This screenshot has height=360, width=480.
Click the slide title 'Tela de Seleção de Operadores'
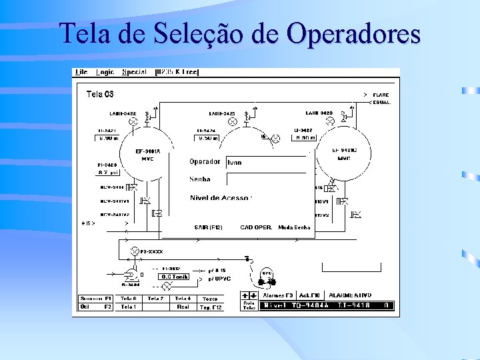tap(240, 33)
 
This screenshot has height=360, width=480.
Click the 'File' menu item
tap(81, 72)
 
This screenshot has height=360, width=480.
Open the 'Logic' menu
tap(105, 72)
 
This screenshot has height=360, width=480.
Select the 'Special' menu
tap(135, 72)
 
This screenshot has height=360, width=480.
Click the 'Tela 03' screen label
tap(100, 94)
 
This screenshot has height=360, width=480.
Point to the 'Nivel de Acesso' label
tap(221, 198)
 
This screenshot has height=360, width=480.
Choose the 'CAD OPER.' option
tap(256, 227)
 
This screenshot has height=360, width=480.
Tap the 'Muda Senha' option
tap(295, 227)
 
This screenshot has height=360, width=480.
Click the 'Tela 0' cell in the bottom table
tap(128, 299)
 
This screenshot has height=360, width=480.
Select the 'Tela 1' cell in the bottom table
tap(128, 307)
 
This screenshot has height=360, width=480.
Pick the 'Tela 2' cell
tap(155, 299)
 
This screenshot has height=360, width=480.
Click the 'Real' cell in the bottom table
tap(183, 307)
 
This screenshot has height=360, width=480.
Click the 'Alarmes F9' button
tap(278, 295)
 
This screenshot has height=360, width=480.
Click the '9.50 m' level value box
tap(207, 138)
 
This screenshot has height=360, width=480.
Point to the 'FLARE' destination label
tap(381, 95)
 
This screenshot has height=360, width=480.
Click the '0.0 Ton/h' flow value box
tap(174, 276)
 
